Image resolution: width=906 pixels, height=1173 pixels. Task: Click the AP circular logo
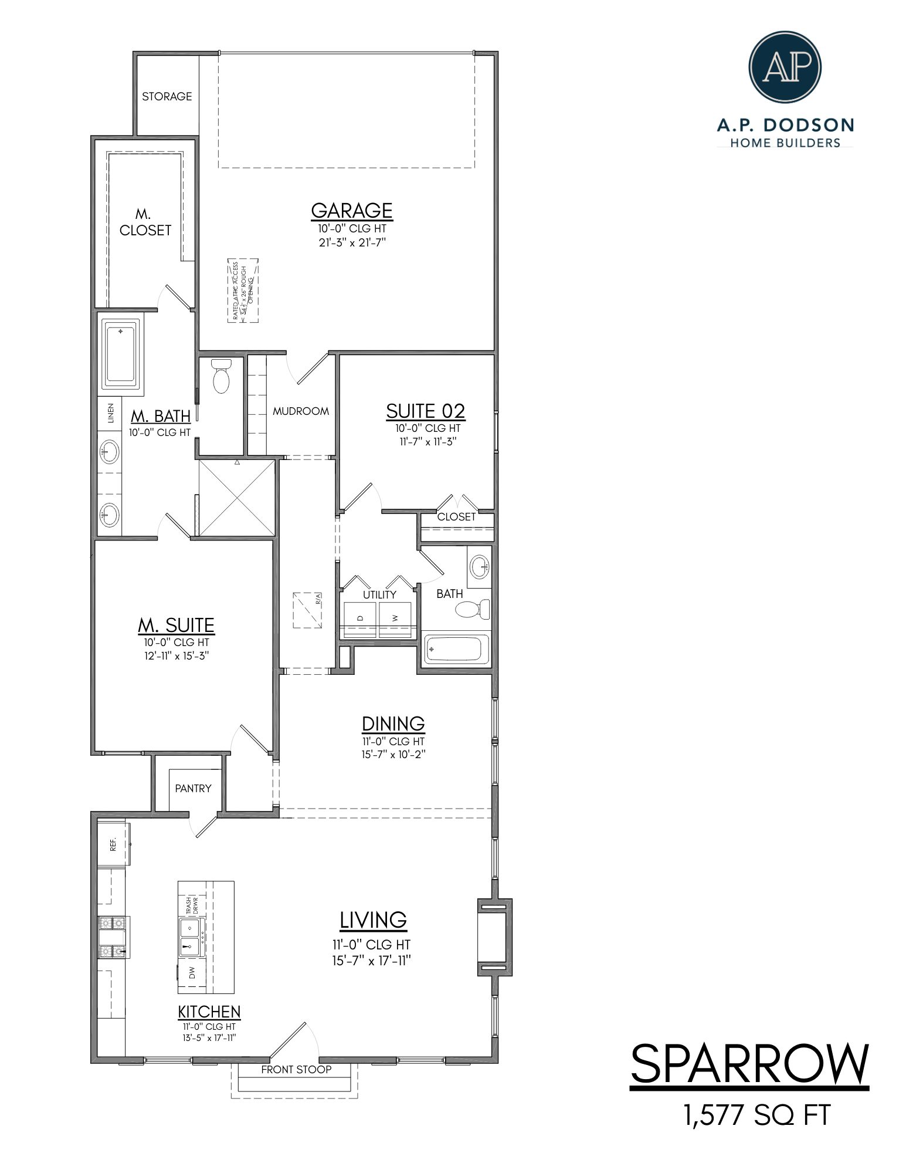tap(784, 67)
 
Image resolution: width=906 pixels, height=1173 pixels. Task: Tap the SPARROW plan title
tap(749, 1064)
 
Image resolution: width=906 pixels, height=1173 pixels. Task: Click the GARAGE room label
tap(351, 211)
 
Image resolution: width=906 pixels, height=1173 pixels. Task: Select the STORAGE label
tap(167, 96)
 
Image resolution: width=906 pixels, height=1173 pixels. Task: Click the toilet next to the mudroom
tap(221, 377)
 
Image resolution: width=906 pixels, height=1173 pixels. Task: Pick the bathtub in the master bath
tap(121, 354)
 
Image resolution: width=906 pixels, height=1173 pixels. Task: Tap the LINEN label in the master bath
tap(110, 413)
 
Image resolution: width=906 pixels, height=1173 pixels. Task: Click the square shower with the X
tap(236, 498)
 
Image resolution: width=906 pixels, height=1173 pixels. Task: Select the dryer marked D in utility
tap(359, 618)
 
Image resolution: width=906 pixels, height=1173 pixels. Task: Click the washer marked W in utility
tap(395, 618)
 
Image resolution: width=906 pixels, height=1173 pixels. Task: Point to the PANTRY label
tap(193, 788)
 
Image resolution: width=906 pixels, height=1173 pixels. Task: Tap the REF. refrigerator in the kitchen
tap(113, 844)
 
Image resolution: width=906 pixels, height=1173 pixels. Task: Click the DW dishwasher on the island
tap(192, 973)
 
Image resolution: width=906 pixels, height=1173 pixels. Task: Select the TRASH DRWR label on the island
tap(192, 905)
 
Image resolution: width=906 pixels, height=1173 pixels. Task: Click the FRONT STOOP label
tap(296, 1070)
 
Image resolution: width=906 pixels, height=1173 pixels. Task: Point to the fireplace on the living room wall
tap(494, 937)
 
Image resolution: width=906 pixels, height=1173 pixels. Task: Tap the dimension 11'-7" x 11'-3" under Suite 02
tap(427, 441)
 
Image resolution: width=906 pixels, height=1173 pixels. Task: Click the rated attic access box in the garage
tap(243, 290)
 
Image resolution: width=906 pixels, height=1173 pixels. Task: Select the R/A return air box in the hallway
tap(307, 610)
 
